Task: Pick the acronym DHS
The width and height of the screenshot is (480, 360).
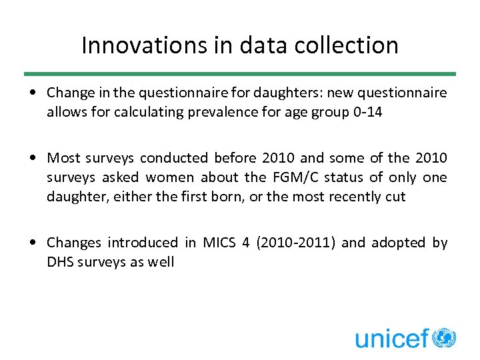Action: [60, 262]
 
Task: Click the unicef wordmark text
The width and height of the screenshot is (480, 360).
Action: [391, 339]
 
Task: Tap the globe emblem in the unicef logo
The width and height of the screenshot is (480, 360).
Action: [444, 338]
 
